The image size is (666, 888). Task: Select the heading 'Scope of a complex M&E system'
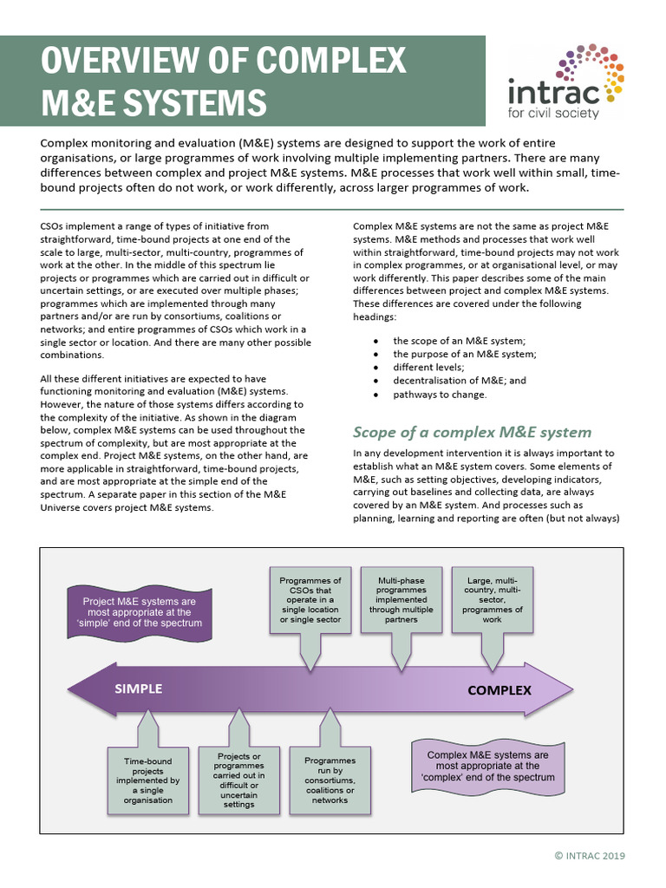click(x=472, y=432)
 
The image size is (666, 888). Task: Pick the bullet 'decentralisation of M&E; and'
click(x=460, y=381)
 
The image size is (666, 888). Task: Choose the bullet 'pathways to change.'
click(x=440, y=395)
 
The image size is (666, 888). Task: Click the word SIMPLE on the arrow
click(x=139, y=689)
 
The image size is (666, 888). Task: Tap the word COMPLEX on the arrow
click(x=499, y=690)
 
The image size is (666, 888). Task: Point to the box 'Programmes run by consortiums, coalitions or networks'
click(x=330, y=780)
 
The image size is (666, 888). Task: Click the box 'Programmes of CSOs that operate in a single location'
click(x=310, y=600)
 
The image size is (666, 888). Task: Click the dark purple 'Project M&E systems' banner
click(x=139, y=611)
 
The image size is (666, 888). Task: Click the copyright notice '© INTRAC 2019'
click(x=589, y=856)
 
